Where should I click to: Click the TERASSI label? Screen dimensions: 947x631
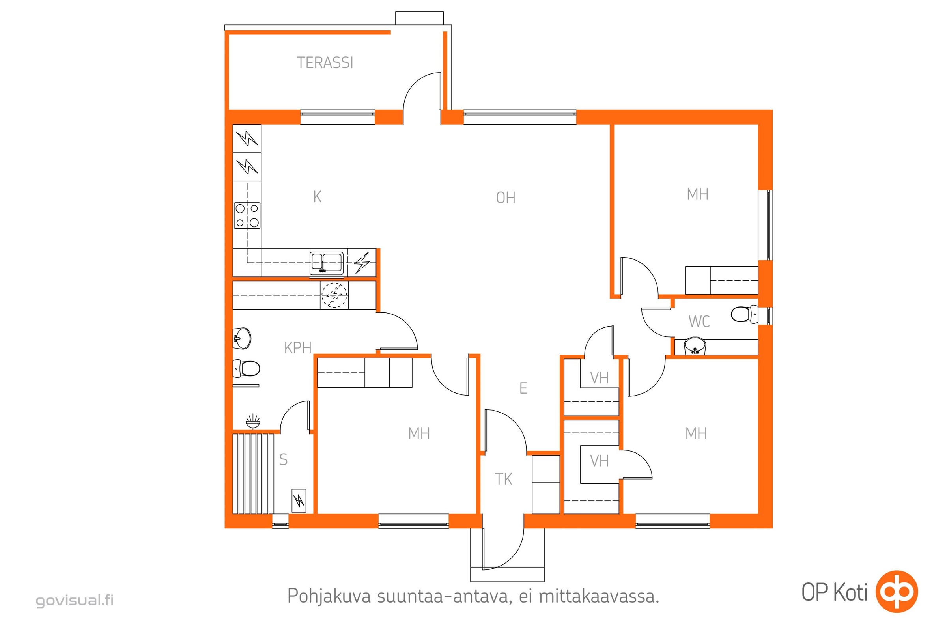325,63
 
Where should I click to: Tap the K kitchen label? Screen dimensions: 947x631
317,197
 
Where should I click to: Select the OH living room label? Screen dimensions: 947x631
506,198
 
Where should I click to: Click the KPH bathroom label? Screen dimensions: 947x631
298,348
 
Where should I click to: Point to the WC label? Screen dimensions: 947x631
699,321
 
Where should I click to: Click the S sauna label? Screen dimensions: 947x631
283,459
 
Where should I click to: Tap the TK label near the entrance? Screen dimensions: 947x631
503,479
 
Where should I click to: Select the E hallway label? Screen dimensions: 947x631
523,388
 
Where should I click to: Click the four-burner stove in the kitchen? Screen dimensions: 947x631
247,216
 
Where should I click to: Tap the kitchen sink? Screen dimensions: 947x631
327,263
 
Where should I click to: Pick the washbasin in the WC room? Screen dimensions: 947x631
695,346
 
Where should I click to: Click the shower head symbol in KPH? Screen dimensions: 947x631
253,421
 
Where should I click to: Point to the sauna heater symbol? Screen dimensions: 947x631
299,500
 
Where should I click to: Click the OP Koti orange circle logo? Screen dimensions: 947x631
897,592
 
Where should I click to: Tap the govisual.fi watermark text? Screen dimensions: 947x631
75,600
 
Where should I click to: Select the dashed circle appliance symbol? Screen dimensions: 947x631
334,295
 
